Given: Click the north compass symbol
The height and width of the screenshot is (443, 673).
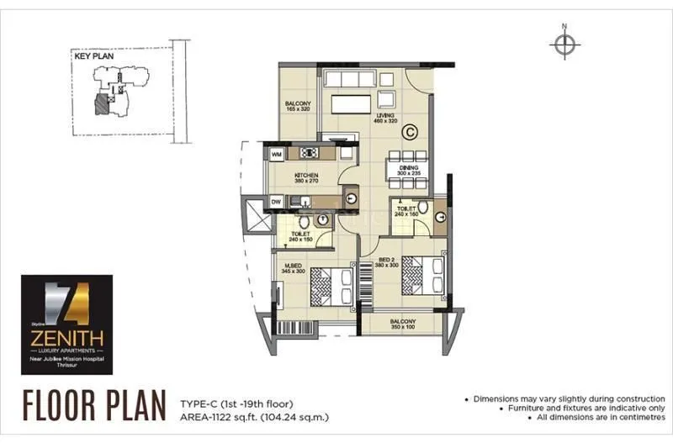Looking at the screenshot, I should (x=564, y=45).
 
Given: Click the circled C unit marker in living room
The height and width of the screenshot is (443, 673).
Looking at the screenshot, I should (x=410, y=130).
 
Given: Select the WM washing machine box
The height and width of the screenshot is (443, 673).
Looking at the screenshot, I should (x=277, y=154).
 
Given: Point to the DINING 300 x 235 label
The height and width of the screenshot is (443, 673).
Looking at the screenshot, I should (x=408, y=170).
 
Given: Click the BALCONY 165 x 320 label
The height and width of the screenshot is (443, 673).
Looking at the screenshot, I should (x=299, y=106).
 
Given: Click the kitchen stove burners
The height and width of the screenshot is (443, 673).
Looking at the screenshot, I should (x=308, y=153).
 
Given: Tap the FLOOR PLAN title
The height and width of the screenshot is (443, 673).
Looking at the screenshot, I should (x=94, y=405).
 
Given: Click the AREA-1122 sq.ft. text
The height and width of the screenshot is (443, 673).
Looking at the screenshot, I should (x=252, y=416).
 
